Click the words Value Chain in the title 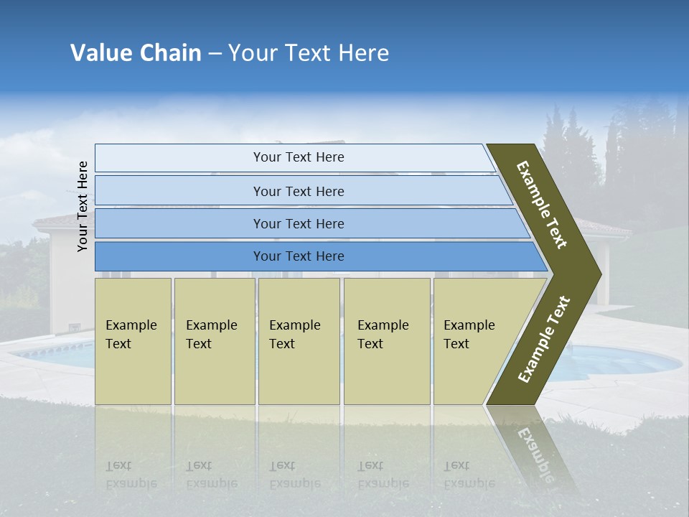136,53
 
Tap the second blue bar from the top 298,191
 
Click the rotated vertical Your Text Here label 83,206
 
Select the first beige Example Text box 133,341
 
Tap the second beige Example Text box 214,341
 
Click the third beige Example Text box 299,341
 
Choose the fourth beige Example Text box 386,341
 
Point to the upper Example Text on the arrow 542,205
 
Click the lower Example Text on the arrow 544,340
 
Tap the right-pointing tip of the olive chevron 597,274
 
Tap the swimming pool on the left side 54,353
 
